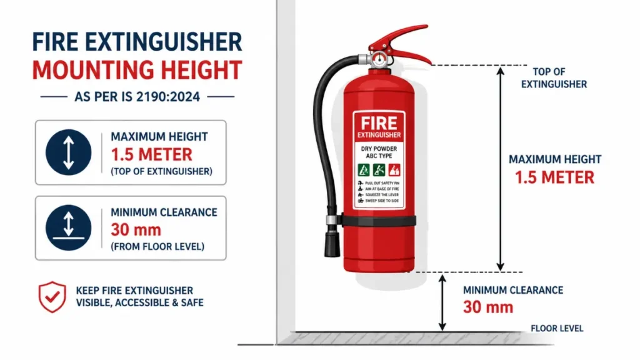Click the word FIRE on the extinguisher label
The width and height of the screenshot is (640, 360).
pos(379,122)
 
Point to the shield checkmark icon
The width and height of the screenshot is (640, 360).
pos(52,296)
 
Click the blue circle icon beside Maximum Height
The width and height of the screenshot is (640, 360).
pos(69,152)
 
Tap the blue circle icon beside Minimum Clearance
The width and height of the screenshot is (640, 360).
pos(69,228)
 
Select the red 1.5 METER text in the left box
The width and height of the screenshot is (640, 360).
pos(151,154)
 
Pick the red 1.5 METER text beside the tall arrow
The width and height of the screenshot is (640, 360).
pos(554,177)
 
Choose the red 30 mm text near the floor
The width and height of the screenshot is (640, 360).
pos(488,307)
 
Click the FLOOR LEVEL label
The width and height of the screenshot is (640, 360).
pos(557,328)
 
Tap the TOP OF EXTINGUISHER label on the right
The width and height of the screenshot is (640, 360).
pos(554,77)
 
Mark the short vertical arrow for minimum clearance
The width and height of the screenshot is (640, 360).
pos(442,303)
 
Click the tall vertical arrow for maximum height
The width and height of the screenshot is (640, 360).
pos(499,169)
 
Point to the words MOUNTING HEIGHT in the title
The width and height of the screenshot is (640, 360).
pos(137,70)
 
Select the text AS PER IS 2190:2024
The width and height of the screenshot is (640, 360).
pos(136,97)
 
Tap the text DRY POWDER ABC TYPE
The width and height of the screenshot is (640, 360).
pos(379,153)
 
